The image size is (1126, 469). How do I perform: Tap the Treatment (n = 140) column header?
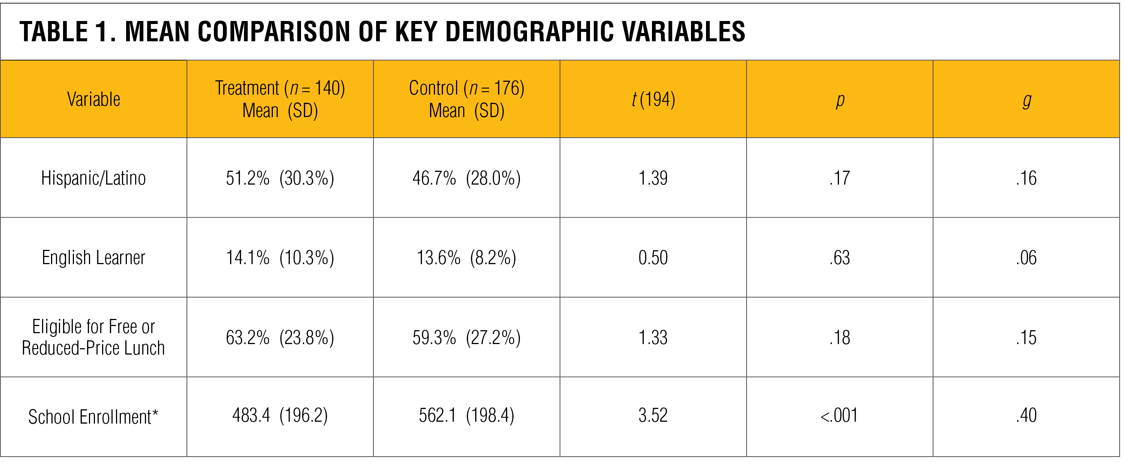[280, 99]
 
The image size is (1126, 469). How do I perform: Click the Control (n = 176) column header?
[467, 99]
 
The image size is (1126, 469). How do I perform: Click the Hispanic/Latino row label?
[93, 178]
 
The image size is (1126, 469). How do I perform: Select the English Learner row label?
[93, 258]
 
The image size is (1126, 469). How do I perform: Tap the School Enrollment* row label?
[93, 416]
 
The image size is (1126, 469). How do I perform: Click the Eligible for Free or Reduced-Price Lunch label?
[93, 337]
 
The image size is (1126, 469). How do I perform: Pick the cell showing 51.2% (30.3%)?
[280, 178]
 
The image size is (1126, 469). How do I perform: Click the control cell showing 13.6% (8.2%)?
[467, 258]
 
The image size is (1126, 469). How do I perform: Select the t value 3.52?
[653, 416]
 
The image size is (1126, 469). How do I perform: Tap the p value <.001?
[839, 416]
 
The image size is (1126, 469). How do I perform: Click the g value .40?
[1026, 416]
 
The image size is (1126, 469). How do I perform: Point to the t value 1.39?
[653, 178]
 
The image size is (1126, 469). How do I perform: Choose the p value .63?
[839, 258]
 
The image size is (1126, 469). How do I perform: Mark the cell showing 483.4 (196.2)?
[280, 416]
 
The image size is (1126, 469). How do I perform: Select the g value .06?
[1026, 258]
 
